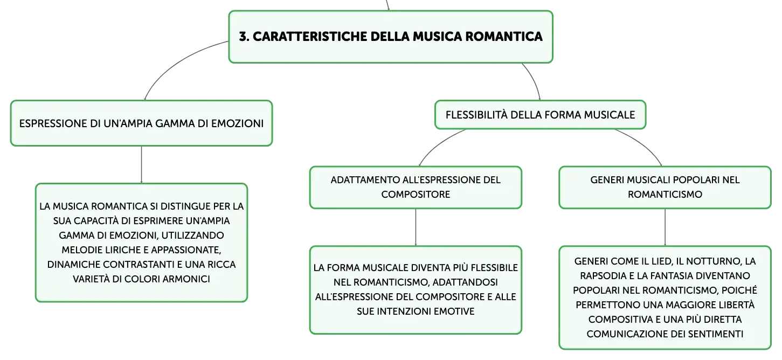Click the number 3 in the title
click(243, 36)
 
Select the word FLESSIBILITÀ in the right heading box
click(476, 115)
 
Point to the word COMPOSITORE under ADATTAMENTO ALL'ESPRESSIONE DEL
click(416, 194)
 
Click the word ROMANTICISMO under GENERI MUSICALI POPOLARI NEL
click(665, 194)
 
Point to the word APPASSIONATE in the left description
click(186, 250)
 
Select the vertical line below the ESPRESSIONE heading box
click(141, 164)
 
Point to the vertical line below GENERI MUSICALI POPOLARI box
click(665, 227)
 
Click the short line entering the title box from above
click(387, 5)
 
